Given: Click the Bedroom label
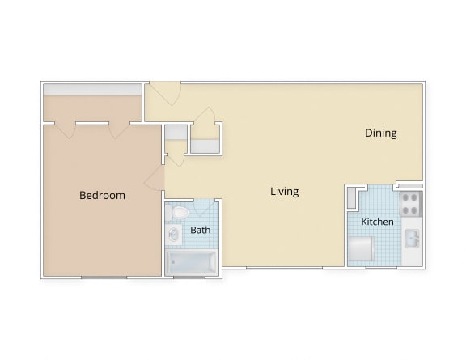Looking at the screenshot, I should [x=102, y=195].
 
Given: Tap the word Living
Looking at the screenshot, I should [x=284, y=192].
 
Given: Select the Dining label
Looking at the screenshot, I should [x=380, y=133].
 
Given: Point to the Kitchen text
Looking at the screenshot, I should [x=377, y=222].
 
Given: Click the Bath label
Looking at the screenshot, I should [x=200, y=230].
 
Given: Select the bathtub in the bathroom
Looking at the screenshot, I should [x=191, y=262].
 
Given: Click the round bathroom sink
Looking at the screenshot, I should [x=174, y=235].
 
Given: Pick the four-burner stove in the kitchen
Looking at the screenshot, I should [x=411, y=203].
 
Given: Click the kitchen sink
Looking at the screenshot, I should [x=412, y=239].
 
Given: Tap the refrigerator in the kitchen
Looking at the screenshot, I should [x=361, y=250].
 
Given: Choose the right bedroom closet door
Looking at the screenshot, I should [x=119, y=129].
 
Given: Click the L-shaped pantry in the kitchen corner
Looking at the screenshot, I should [x=353, y=197].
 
